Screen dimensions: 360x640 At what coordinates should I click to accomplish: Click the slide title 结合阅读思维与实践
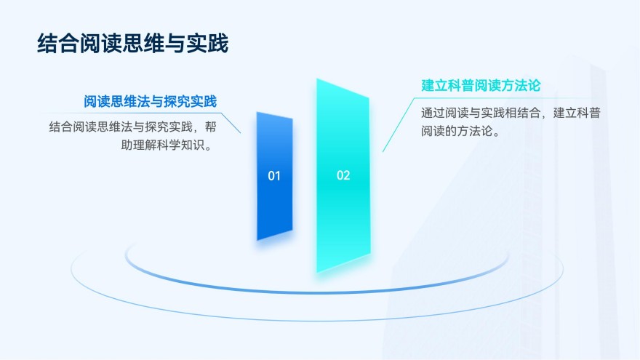(x=133, y=44)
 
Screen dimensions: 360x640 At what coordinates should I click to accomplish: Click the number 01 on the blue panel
(x=274, y=175)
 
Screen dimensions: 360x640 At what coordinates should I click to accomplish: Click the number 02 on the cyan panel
(x=343, y=175)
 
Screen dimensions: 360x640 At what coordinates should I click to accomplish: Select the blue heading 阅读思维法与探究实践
(x=151, y=101)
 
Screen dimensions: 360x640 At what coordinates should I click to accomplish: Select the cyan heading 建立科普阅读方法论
(x=481, y=85)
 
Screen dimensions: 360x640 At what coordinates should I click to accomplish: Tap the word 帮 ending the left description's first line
(x=210, y=127)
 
